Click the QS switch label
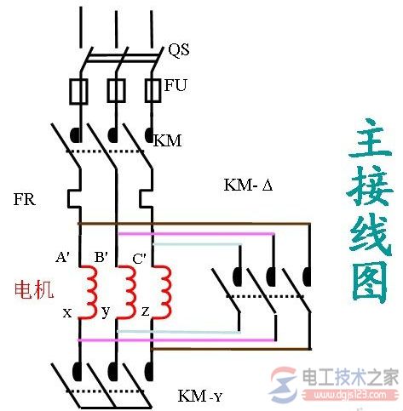(x=178, y=50)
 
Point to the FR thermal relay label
(x=24, y=200)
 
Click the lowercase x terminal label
(x=66, y=312)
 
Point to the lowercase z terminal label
(x=146, y=312)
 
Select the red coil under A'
(x=88, y=292)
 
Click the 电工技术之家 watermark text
(x=357, y=375)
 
